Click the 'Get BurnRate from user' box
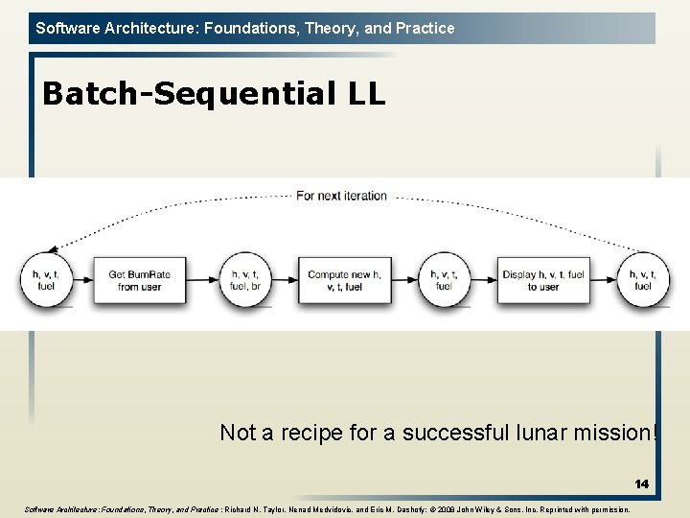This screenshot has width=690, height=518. pyautogui.click(x=139, y=280)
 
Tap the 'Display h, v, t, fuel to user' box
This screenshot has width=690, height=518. pyautogui.click(x=542, y=280)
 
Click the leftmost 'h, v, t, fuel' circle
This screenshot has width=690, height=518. pyautogui.click(x=45, y=280)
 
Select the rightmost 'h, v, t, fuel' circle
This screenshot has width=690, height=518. pyautogui.click(x=642, y=280)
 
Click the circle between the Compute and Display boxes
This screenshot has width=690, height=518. pyautogui.click(x=443, y=280)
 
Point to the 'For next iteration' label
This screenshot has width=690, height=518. pyautogui.click(x=341, y=196)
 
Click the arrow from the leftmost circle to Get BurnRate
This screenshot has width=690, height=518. pyautogui.click(x=81, y=280)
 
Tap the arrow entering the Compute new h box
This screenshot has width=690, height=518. pyautogui.click(x=286, y=280)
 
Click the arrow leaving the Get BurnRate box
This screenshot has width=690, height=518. pyautogui.click(x=203, y=280)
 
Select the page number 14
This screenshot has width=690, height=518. pyautogui.click(x=640, y=484)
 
